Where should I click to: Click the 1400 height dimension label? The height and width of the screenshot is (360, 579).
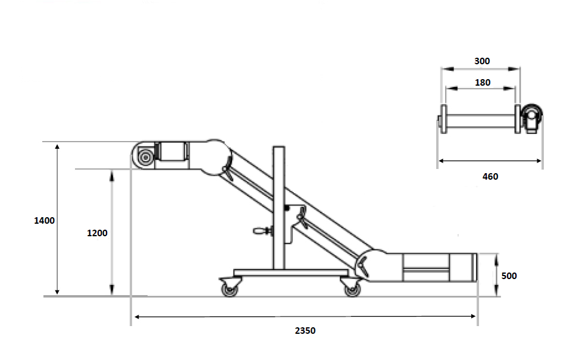pyautogui.click(x=44, y=221)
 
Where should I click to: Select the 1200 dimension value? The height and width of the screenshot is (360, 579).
pyautogui.click(x=97, y=233)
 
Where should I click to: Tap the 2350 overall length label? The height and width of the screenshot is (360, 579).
pyautogui.click(x=305, y=331)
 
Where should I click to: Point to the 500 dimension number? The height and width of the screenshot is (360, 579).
pyautogui.click(x=509, y=276)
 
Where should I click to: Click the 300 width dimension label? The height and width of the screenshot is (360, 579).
pyautogui.click(x=482, y=61)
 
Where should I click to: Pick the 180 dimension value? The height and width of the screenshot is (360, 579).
pyautogui.click(x=482, y=82)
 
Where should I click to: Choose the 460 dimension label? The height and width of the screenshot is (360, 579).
pyautogui.click(x=490, y=177)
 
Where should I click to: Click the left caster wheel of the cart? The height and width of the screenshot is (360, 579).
pyautogui.click(x=230, y=290)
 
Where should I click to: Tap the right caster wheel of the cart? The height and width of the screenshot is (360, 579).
pyautogui.click(x=352, y=290)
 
